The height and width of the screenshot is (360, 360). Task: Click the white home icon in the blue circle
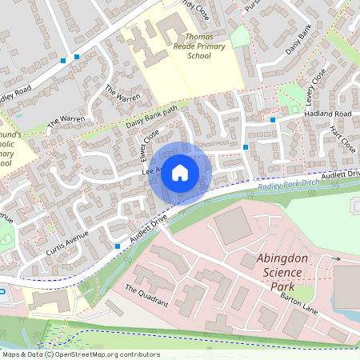tap(180, 173)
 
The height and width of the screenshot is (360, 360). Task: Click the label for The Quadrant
tap(146, 296)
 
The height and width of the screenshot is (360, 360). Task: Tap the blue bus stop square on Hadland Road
tap(273, 120)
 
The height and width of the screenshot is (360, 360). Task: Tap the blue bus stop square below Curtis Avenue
tap(118, 246)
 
